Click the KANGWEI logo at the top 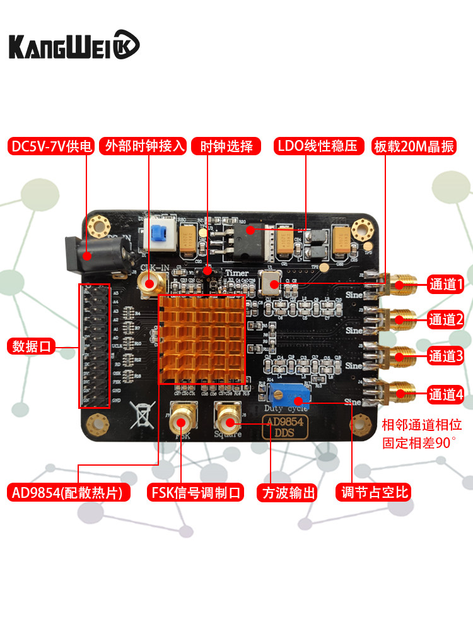pos(74,45)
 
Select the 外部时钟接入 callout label pos(145,146)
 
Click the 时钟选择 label pos(226,146)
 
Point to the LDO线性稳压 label pos(319,146)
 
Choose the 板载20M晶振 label pos(414,146)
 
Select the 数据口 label pos(32,346)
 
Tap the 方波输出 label pos(286,492)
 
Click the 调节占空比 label pos(375,492)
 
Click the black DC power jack pos(95,256)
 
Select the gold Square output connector pos(227,415)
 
